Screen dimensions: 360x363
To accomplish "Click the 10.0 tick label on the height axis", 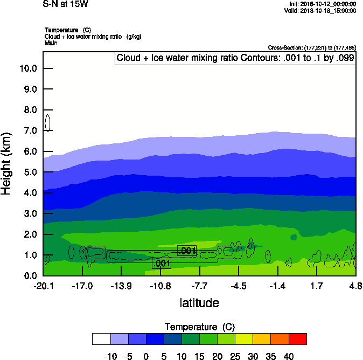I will point(27,68).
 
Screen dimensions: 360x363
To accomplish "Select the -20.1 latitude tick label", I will point(43,285).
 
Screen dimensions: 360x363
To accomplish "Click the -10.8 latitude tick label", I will point(160,285).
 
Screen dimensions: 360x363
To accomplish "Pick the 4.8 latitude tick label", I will point(355,285).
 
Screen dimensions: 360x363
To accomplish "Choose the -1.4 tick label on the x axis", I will point(277,285).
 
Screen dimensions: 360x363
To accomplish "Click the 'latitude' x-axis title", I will point(199,303).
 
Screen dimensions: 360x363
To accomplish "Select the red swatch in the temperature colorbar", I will point(298,338).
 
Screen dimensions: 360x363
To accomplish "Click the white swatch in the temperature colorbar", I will point(101,338).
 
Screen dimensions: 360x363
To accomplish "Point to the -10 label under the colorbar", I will point(110,356).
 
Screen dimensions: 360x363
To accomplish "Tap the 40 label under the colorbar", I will point(288,356).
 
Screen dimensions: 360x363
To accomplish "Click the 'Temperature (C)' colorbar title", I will point(199,327).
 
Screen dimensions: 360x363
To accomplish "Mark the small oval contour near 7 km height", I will point(48,123).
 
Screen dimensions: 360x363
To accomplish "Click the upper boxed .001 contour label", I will point(186,251).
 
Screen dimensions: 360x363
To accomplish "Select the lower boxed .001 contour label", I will point(162,264).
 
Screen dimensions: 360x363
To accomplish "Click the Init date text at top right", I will point(322,4).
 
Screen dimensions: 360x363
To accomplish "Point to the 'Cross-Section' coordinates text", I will point(311,47).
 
